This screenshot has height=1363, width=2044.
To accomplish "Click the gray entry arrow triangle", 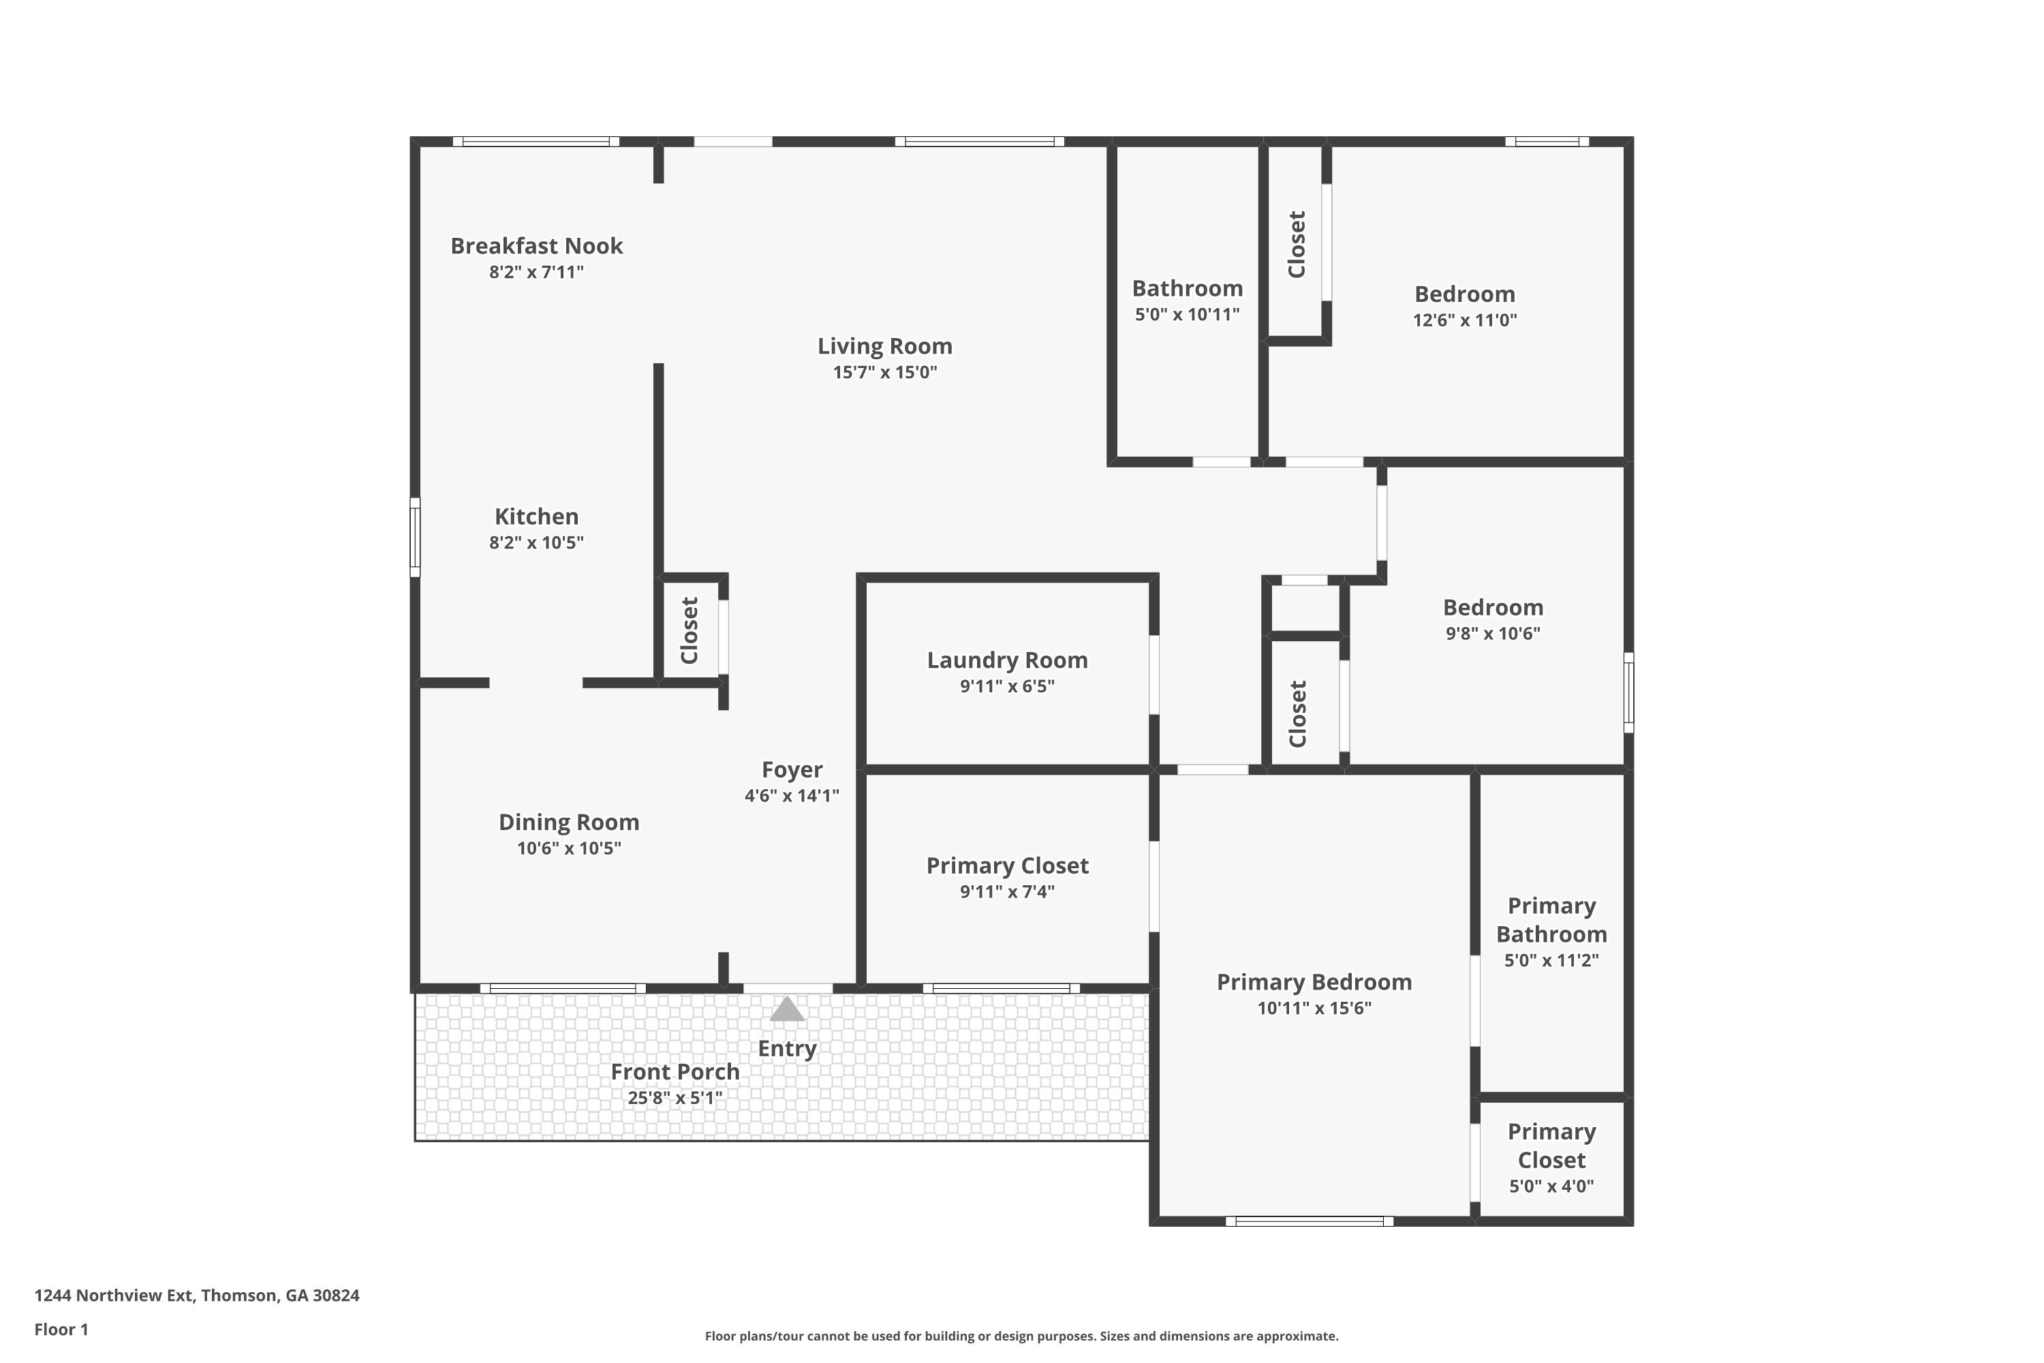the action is [788, 1009].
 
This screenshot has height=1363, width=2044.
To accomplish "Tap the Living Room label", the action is [884, 346].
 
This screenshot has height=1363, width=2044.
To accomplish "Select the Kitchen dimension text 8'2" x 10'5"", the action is [536, 542].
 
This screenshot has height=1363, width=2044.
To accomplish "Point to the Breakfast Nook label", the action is [536, 246].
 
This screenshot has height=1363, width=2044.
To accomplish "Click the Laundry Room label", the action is [1007, 660].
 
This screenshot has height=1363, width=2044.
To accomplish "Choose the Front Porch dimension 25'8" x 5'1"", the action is [675, 1098].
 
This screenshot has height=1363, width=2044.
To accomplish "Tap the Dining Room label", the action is [569, 823].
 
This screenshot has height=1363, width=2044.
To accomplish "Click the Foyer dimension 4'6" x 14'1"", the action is [792, 795].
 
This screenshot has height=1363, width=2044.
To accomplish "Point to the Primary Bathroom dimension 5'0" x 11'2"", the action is [1551, 960].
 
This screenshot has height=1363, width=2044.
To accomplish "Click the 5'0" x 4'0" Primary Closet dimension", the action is [1551, 1186].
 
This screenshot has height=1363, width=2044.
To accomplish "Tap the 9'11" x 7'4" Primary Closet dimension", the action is [1007, 892].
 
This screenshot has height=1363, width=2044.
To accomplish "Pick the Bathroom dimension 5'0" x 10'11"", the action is [1187, 315].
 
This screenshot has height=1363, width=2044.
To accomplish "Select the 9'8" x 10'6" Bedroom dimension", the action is [1493, 634].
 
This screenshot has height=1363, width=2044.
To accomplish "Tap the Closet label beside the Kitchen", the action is [689, 630].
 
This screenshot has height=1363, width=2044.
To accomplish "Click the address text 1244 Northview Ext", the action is [113, 1296].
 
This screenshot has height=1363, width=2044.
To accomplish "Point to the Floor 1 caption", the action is [62, 1329].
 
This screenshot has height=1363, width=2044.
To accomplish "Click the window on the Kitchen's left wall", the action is [416, 537].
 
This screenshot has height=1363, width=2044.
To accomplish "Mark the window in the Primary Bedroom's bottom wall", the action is [1309, 1221].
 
